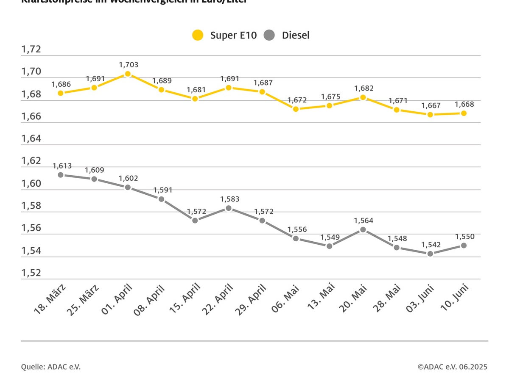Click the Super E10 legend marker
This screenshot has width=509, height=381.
(198, 35)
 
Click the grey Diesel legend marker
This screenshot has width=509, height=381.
(269, 35)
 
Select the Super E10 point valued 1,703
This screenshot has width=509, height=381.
(128, 74)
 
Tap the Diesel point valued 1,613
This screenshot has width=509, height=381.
(61, 174)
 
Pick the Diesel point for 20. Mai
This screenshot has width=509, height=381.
(363, 229)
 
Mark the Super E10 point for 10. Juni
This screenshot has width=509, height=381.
(464, 113)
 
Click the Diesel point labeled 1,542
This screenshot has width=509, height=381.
(430, 254)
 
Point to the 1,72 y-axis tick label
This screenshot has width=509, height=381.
(31, 50)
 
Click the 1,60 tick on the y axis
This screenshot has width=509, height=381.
(31, 184)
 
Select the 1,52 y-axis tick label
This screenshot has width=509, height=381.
(31, 273)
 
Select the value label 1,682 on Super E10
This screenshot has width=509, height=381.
(364, 88)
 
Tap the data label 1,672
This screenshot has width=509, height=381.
(296, 100)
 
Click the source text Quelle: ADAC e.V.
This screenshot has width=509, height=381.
(51, 367)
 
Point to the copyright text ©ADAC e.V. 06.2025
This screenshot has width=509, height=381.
(452, 367)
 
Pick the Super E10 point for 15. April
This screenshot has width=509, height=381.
(195, 99)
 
